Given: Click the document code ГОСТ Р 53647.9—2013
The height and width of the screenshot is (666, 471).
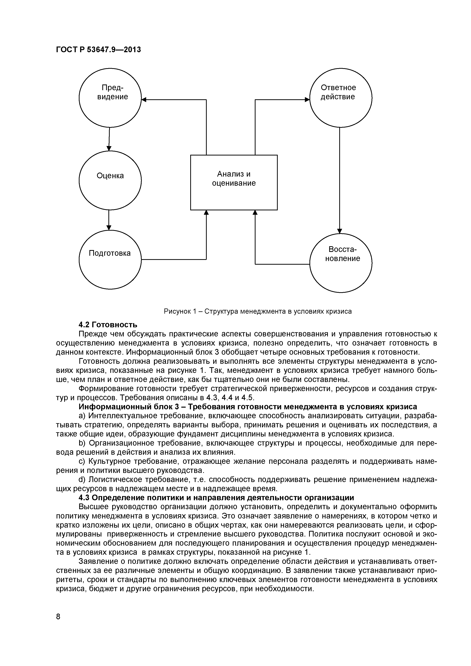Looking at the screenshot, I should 98,50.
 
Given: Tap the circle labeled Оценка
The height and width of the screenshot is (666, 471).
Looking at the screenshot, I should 110,180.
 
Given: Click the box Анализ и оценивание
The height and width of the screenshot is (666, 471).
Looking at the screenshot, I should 234,182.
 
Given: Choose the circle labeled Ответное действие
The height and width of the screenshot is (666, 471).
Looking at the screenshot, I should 341,98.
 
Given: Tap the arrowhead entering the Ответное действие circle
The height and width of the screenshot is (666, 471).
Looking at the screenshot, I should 307,100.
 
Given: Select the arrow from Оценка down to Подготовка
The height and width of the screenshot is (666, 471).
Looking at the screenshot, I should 109,220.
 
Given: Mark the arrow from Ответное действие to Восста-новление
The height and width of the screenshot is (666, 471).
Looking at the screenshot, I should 340,180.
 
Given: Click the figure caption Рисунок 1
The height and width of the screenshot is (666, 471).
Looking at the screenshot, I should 258,312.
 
